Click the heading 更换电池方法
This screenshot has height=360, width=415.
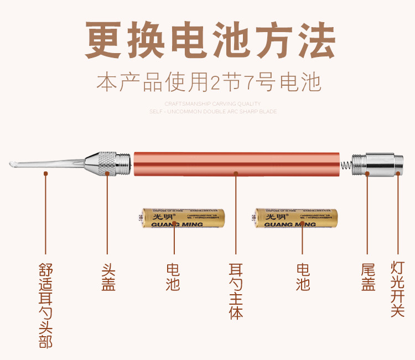(210, 41)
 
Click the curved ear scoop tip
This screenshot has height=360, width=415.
(15, 164)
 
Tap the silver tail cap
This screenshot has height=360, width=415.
(380, 164)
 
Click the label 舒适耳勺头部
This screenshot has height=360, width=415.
(46, 305)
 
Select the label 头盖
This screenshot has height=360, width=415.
(108, 276)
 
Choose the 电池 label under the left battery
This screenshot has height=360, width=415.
(173, 276)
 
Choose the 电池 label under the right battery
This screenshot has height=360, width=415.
(303, 276)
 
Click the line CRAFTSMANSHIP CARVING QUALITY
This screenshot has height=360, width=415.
(212, 103)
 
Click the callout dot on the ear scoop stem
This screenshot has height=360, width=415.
(46, 173)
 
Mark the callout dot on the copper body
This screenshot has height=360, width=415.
(236, 173)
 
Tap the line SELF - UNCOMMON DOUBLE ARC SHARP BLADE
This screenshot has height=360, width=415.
(212, 111)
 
